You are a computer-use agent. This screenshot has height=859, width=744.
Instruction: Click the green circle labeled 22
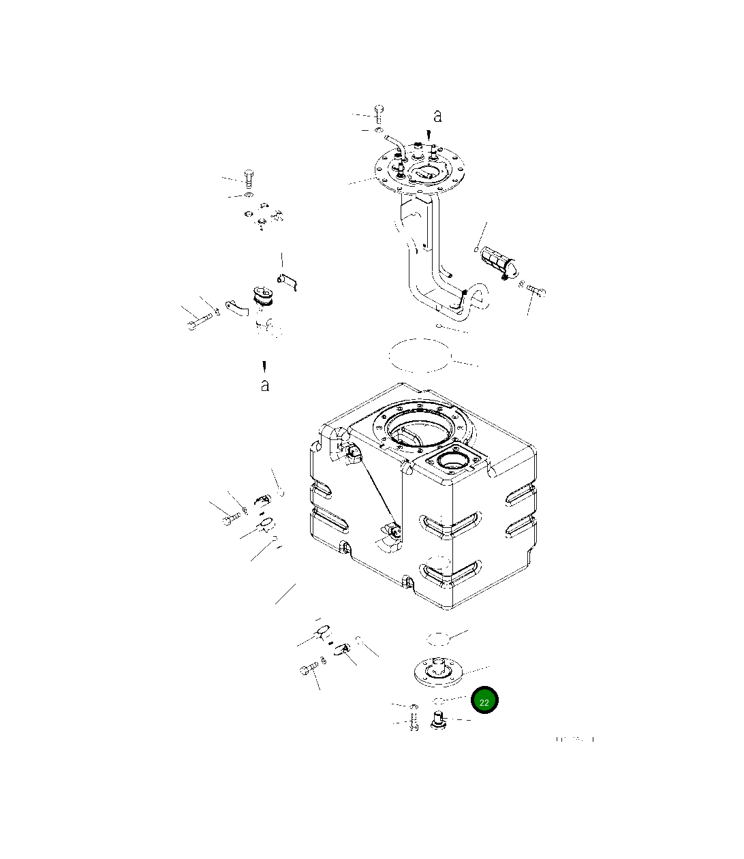(x=484, y=701)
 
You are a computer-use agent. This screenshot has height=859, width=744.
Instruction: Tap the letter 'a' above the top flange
(x=437, y=116)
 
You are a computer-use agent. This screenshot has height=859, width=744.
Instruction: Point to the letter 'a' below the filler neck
(x=264, y=386)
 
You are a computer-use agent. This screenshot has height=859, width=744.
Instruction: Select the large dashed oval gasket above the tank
(x=420, y=355)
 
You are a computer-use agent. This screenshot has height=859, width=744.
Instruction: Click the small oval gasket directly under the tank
(x=438, y=638)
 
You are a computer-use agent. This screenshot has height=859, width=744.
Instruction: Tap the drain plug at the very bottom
(x=438, y=719)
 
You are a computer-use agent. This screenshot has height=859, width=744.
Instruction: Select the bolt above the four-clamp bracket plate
(x=249, y=178)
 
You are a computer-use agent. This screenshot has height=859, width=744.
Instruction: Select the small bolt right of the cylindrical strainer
(x=536, y=291)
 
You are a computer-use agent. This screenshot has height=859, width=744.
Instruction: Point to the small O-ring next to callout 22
(x=439, y=700)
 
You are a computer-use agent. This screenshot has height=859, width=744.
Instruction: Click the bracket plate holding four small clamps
(x=263, y=216)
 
